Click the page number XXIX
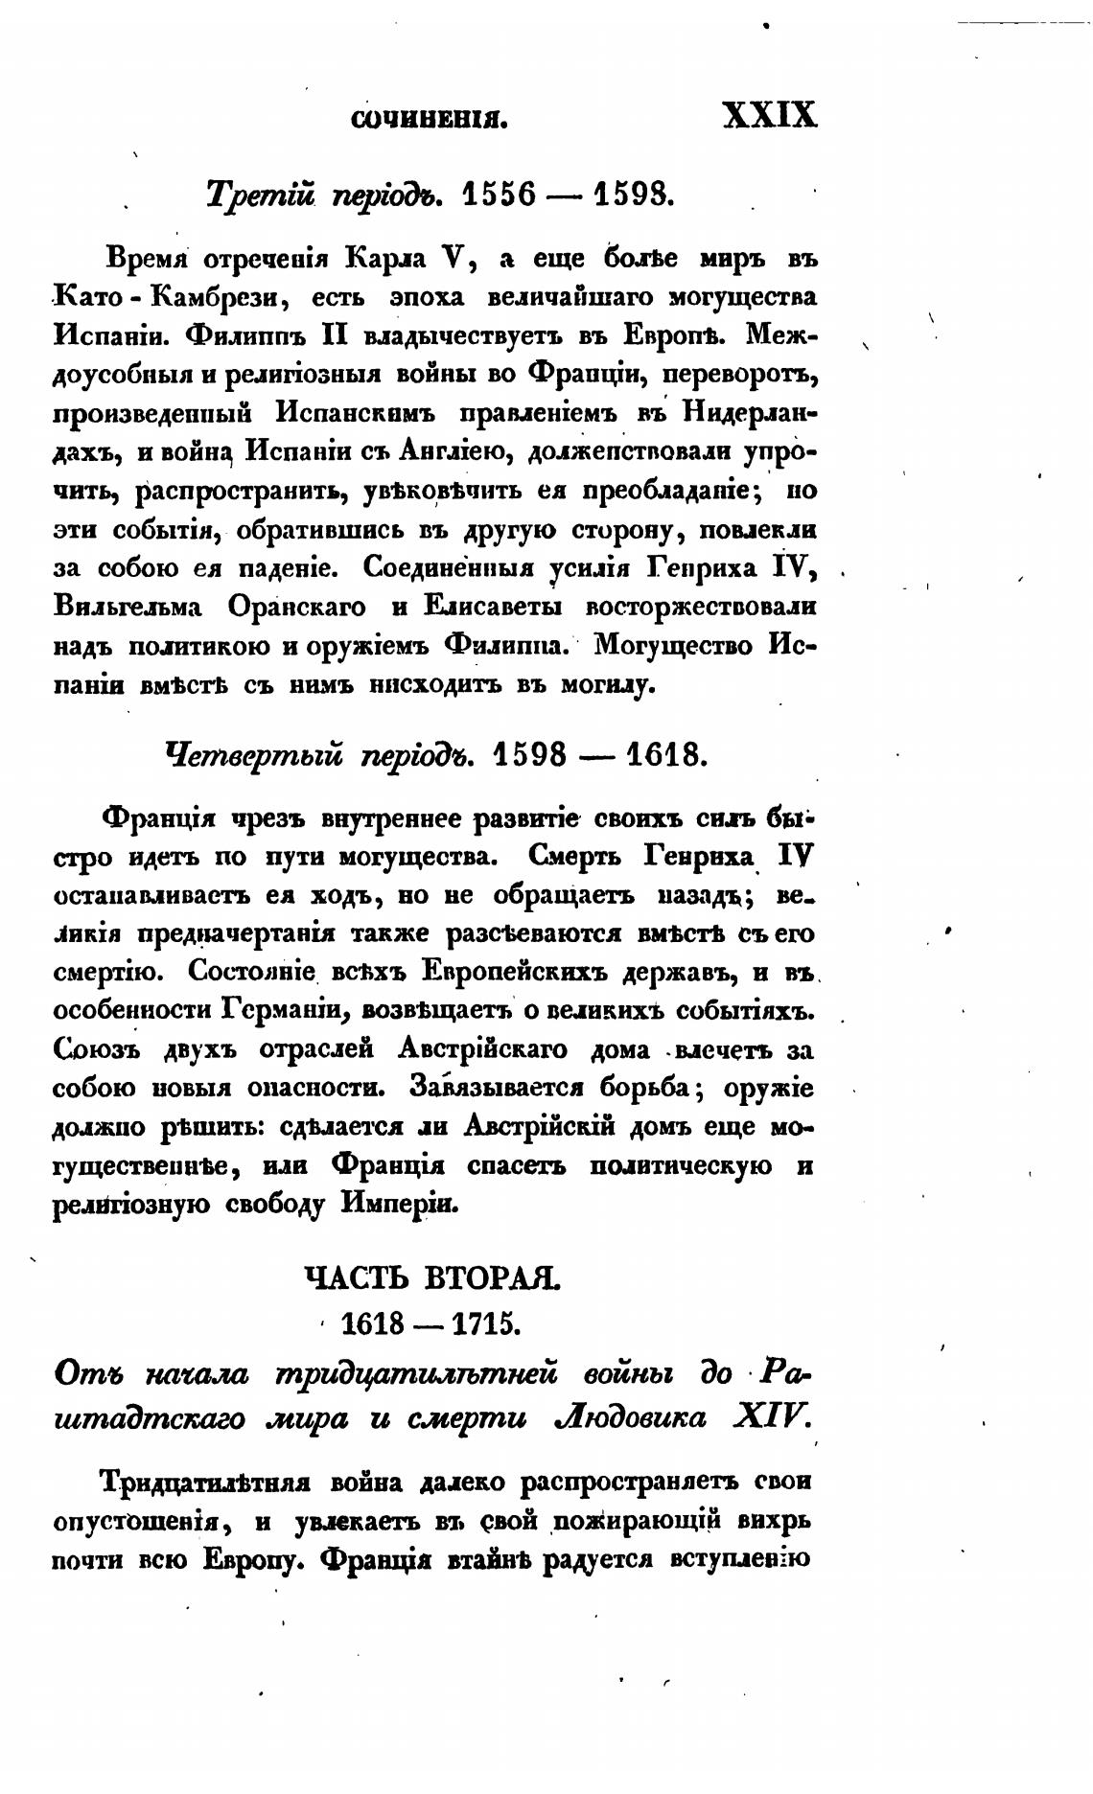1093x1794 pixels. pyautogui.click(x=769, y=116)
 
